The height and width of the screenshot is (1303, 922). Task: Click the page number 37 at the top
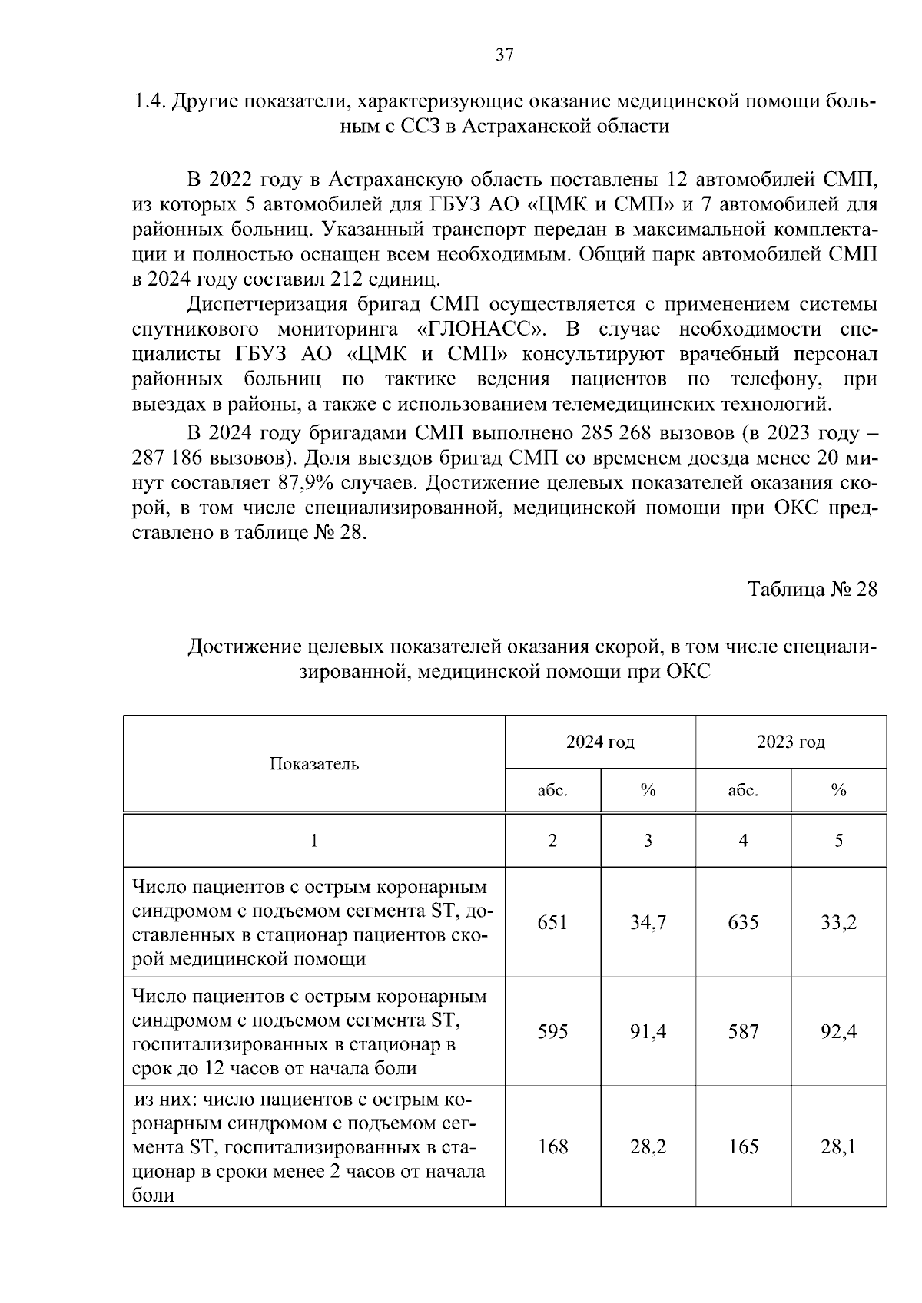click(505, 55)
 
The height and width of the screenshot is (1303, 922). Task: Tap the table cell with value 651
click(552, 922)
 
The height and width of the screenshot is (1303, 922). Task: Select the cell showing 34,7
click(648, 922)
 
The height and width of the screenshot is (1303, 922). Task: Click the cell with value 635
click(743, 922)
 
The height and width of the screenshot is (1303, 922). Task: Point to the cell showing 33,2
click(838, 922)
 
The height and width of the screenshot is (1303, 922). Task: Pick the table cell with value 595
click(552, 1031)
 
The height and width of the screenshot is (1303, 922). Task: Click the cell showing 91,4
click(648, 1031)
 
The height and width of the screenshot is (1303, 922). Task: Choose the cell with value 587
click(743, 1031)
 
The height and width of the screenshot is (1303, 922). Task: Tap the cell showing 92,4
click(838, 1031)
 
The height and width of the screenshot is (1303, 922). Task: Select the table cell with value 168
click(552, 1146)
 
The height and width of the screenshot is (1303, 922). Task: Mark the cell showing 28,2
click(648, 1146)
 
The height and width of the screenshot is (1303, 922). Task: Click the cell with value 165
click(743, 1146)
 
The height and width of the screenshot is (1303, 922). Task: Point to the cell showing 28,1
click(838, 1146)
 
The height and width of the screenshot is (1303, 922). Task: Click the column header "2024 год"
click(600, 742)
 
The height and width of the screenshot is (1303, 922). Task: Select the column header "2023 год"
click(791, 742)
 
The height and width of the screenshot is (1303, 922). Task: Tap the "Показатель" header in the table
click(314, 764)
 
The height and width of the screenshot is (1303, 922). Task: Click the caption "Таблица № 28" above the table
click(812, 589)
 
